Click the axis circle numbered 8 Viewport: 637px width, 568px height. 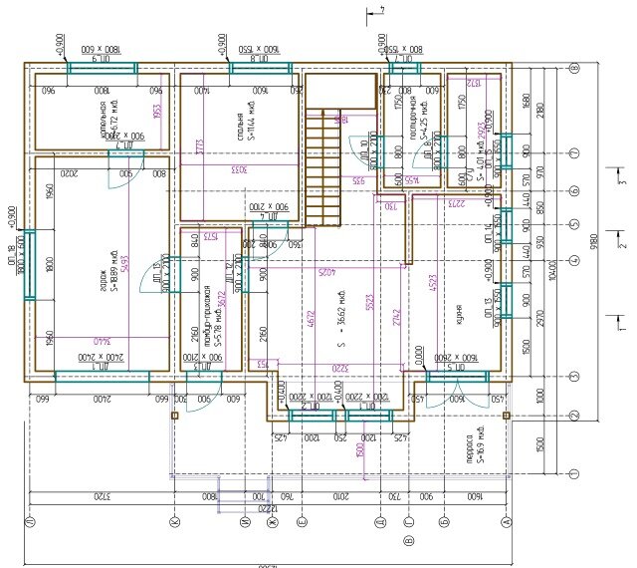[x=574, y=69]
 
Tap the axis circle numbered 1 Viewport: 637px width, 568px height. [x=574, y=472]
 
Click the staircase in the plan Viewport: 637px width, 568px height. [x=320, y=169]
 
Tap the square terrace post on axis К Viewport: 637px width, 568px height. [x=174, y=416]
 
